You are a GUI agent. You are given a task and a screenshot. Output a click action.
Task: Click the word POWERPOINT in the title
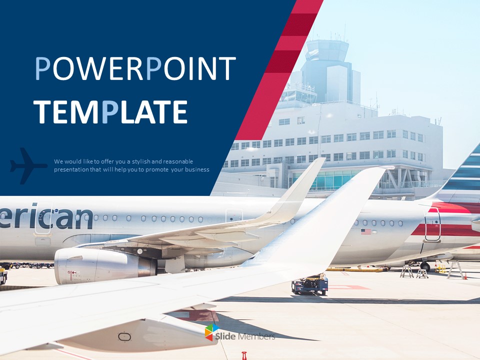135,69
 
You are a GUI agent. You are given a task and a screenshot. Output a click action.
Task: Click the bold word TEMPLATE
110,111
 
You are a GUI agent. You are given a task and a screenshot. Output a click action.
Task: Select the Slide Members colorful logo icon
212,332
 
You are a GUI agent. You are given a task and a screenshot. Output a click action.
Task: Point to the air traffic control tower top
327,50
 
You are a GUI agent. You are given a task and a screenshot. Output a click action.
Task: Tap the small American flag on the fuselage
366,231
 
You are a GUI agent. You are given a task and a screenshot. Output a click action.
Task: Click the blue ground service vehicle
310,283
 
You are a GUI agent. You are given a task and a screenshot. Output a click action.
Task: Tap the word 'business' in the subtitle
196,170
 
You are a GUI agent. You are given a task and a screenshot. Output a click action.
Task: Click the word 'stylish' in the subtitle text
132,161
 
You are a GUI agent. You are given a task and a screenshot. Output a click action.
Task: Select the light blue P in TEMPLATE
109,111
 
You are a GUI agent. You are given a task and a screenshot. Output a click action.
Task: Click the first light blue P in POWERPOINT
43,69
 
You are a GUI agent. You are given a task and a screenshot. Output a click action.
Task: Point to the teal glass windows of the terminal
330,180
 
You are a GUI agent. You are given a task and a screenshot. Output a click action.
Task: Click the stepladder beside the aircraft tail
406,271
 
